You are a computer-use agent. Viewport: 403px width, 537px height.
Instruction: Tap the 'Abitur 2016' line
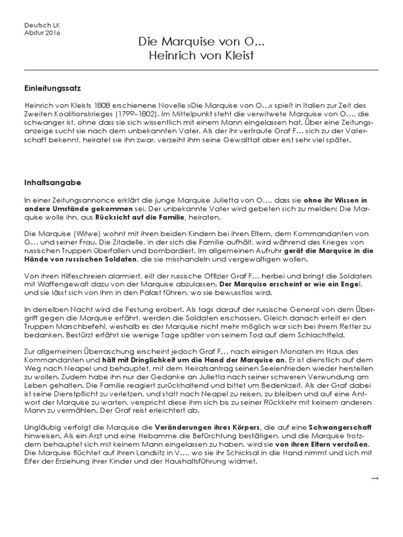pos(43,33)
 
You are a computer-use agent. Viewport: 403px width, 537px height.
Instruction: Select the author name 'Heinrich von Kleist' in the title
pos(201,56)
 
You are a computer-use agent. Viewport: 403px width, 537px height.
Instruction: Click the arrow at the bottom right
pos(374,478)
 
